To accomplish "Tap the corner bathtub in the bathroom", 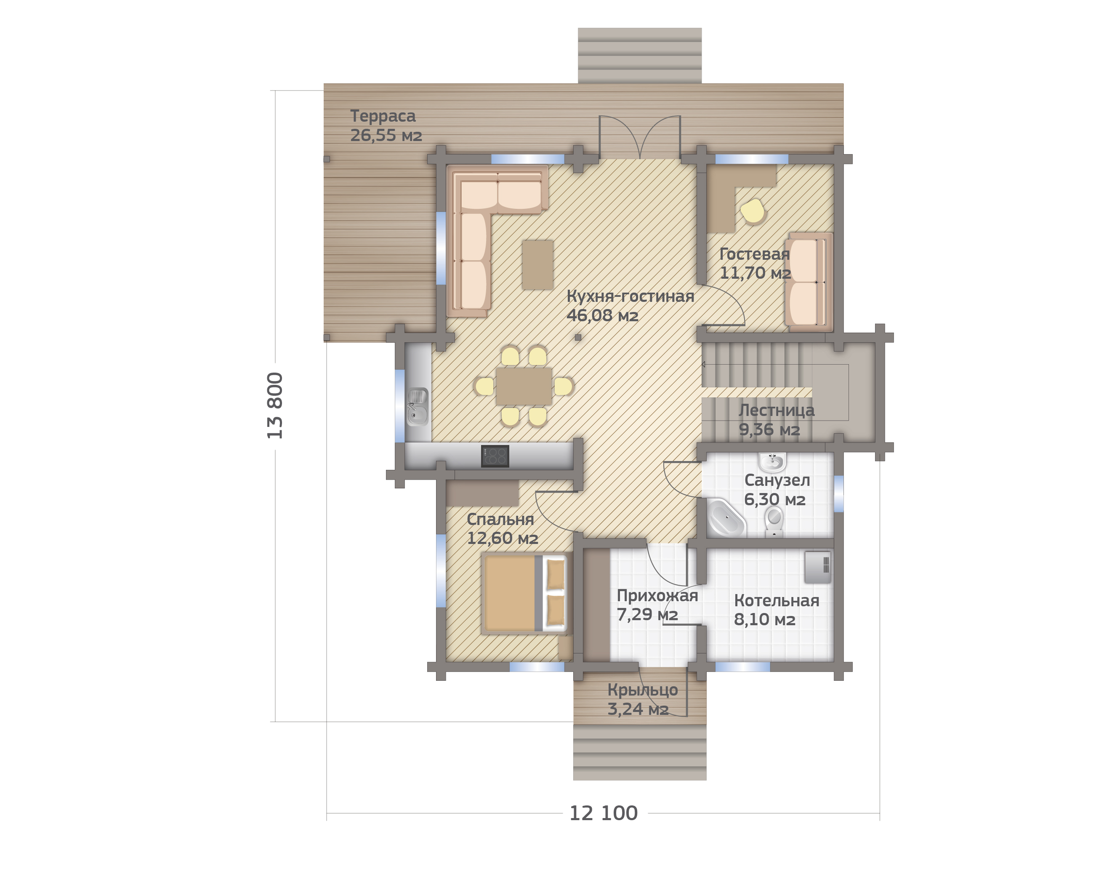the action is pyautogui.click(x=726, y=517).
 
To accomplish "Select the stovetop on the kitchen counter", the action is pyautogui.click(x=495, y=456).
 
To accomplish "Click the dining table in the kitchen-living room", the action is pyautogui.click(x=524, y=387).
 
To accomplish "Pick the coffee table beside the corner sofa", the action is pyautogui.click(x=537, y=264).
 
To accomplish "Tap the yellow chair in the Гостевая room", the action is pyautogui.click(x=753, y=211).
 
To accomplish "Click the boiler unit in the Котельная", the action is pyautogui.click(x=817, y=567).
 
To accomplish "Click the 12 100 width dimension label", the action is pyautogui.click(x=604, y=813).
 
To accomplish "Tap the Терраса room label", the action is pyautogui.click(x=383, y=116).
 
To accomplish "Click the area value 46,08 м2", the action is pyautogui.click(x=602, y=315).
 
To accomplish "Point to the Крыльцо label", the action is pyautogui.click(x=643, y=690).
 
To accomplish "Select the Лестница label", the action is pyautogui.click(x=776, y=410).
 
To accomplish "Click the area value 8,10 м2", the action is pyautogui.click(x=765, y=619).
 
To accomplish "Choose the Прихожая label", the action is pyautogui.click(x=657, y=595).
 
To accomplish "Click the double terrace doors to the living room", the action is pyautogui.click(x=639, y=137).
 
